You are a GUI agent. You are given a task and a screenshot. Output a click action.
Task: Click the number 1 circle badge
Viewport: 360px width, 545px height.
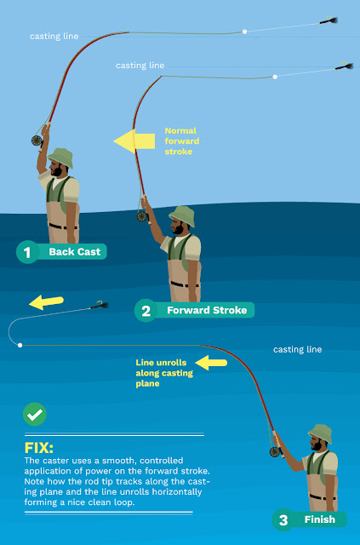(x=27, y=252)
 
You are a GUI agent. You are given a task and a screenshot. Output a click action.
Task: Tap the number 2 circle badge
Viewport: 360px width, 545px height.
(x=146, y=310)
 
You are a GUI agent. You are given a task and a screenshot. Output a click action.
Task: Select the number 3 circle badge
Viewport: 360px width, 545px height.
(x=283, y=520)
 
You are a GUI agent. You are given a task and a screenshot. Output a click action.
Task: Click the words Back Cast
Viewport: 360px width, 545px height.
(x=75, y=252)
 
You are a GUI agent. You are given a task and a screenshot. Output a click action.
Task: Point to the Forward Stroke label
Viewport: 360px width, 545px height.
(x=207, y=310)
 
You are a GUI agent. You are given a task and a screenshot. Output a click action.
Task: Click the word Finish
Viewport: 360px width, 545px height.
(x=320, y=519)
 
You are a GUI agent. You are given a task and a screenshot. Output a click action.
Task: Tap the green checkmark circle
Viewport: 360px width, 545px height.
(x=35, y=415)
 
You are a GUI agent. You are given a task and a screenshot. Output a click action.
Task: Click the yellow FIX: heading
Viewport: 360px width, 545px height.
(x=39, y=448)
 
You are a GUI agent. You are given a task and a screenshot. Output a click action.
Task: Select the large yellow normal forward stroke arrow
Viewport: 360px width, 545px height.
(x=134, y=141)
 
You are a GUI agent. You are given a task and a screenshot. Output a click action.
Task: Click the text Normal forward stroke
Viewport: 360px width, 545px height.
(x=182, y=141)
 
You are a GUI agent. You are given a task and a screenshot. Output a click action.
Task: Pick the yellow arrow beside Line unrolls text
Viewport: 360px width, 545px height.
(x=211, y=363)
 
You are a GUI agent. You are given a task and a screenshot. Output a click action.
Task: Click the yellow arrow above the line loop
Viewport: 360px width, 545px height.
(x=46, y=302)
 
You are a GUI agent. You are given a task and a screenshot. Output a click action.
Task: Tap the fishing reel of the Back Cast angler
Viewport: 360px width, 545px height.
(x=37, y=141)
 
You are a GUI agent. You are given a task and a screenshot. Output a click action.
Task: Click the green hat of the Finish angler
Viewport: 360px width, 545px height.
(x=320, y=433)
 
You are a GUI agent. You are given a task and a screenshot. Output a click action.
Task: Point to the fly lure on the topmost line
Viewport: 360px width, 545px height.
(x=329, y=20)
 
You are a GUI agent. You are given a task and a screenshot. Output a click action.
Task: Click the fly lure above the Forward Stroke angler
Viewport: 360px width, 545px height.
(x=344, y=66)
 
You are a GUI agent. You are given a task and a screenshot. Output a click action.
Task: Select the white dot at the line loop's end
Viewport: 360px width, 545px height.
(x=20, y=345)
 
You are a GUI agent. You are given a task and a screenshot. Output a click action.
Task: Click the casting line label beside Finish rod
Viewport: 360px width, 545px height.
(x=298, y=349)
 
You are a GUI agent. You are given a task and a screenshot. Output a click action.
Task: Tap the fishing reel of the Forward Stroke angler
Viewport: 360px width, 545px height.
(x=142, y=216)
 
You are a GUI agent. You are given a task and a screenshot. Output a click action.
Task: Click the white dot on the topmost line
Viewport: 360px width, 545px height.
(x=244, y=32)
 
